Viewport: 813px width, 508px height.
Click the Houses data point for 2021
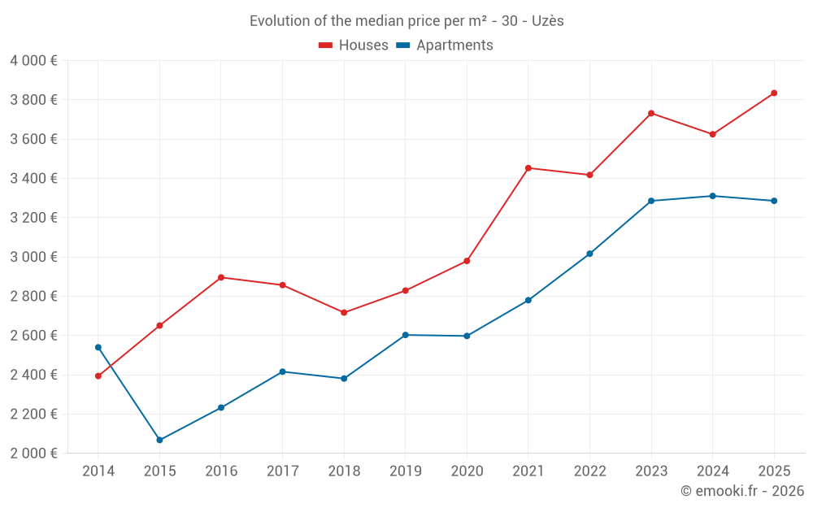coord(528,168)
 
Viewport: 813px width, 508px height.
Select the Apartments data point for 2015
coord(159,440)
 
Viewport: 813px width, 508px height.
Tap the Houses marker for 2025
coord(774,93)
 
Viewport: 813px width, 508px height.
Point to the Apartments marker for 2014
coord(98,347)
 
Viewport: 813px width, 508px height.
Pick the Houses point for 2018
coord(344,313)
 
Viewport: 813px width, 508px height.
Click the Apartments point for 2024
coord(712,196)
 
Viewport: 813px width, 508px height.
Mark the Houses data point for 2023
coord(651,113)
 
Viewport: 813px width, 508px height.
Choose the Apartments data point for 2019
coord(405,335)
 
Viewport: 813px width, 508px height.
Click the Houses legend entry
coord(354,46)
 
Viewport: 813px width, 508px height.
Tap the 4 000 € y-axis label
coord(33,61)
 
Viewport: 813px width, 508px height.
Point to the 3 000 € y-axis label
coord(33,257)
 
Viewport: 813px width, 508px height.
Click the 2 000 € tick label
coord(33,454)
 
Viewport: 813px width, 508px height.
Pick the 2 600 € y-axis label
coord(33,336)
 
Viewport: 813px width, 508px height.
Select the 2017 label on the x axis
coord(282,471)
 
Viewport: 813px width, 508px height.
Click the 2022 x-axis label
coord(589,471)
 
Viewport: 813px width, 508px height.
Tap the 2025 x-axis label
coord(774,471)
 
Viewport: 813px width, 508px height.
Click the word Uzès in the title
coord(547,21)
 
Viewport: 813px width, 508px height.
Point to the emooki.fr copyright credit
coord(741,491)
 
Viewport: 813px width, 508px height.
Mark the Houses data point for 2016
coord(221,277)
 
